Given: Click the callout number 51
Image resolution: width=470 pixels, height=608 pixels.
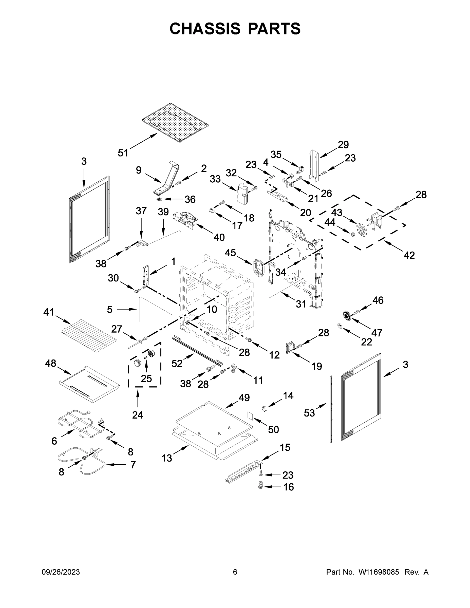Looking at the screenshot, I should pos(123,153).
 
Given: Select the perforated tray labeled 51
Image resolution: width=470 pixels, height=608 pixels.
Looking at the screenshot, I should pos(175,123).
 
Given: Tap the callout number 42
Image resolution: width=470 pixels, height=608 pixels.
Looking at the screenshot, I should pos(409,255).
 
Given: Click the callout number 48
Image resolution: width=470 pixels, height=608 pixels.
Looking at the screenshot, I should pos(50,363).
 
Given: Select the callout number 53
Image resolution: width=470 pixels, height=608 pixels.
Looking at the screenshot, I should pos(309,413).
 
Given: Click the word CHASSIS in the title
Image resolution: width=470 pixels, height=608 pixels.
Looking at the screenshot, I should pos(205,29).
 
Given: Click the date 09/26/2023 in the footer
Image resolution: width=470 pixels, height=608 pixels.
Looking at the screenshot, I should pos(61,572).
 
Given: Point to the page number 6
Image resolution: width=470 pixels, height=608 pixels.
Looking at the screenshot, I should pos(235,572).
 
